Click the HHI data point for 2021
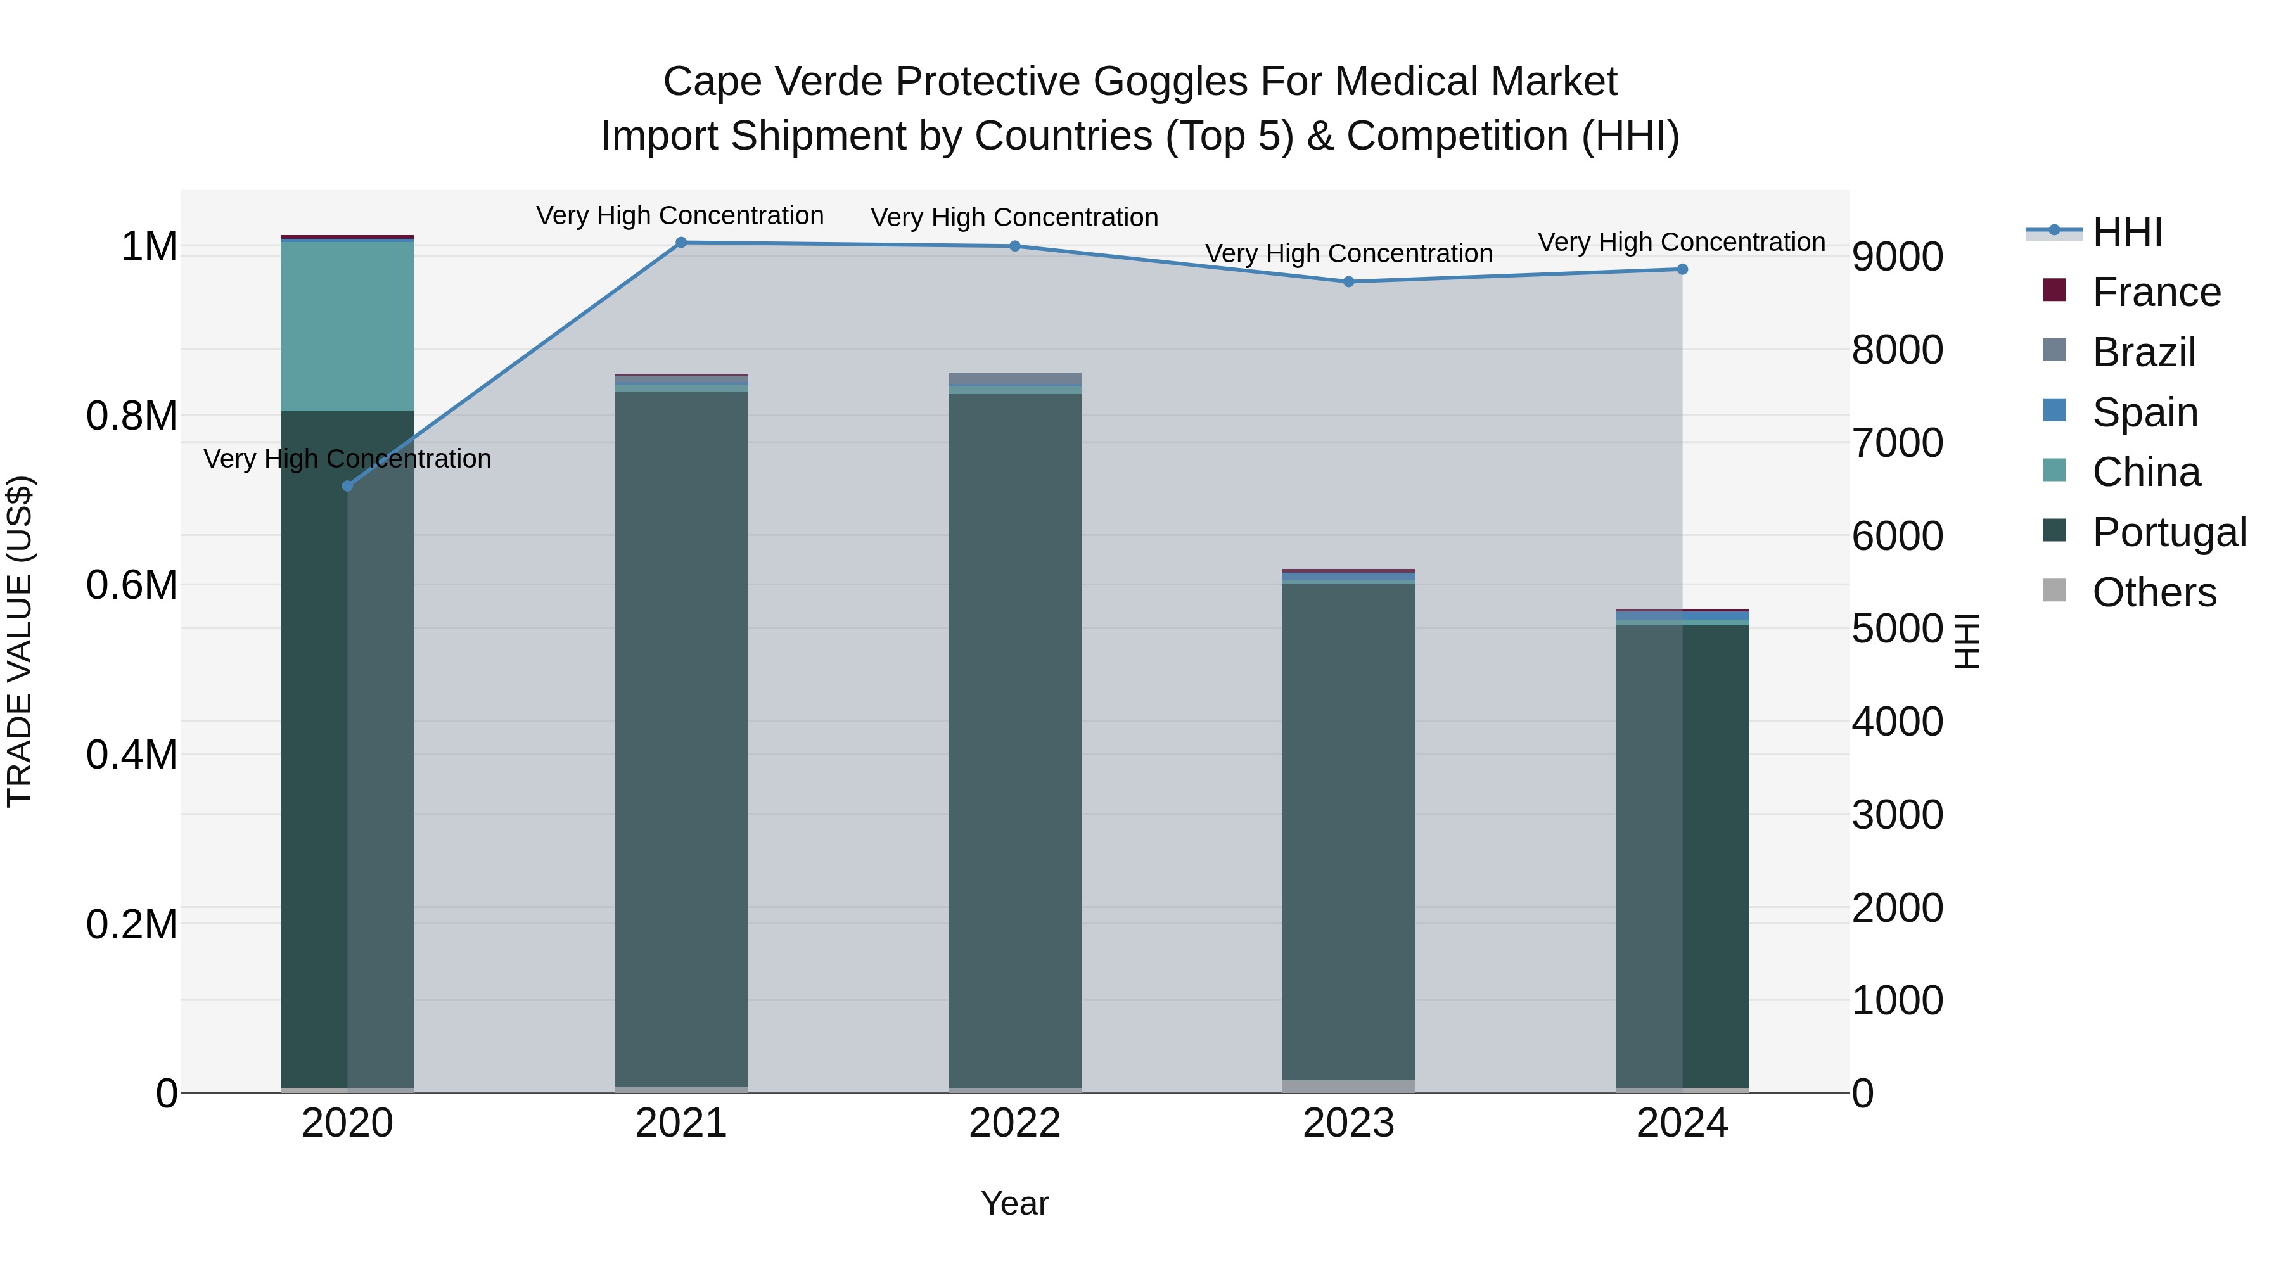click(681, 243)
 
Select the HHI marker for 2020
click(347, 486)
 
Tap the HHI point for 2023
click(1348, 281)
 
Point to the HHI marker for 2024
click(1682, 269)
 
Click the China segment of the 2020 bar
click(347, 326)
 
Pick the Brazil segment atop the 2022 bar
click(1015, 379)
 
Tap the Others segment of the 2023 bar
click(1348, 1087)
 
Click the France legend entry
click(2156, 292)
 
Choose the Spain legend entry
click(2145, 412)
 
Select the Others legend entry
click(2154, 592)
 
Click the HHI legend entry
click(2127, 232)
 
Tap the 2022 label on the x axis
click(1015, 1123)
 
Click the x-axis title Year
click(1015, 1203)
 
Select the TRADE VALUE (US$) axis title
click(20, 641)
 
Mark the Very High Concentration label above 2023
click(1348, 253)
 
